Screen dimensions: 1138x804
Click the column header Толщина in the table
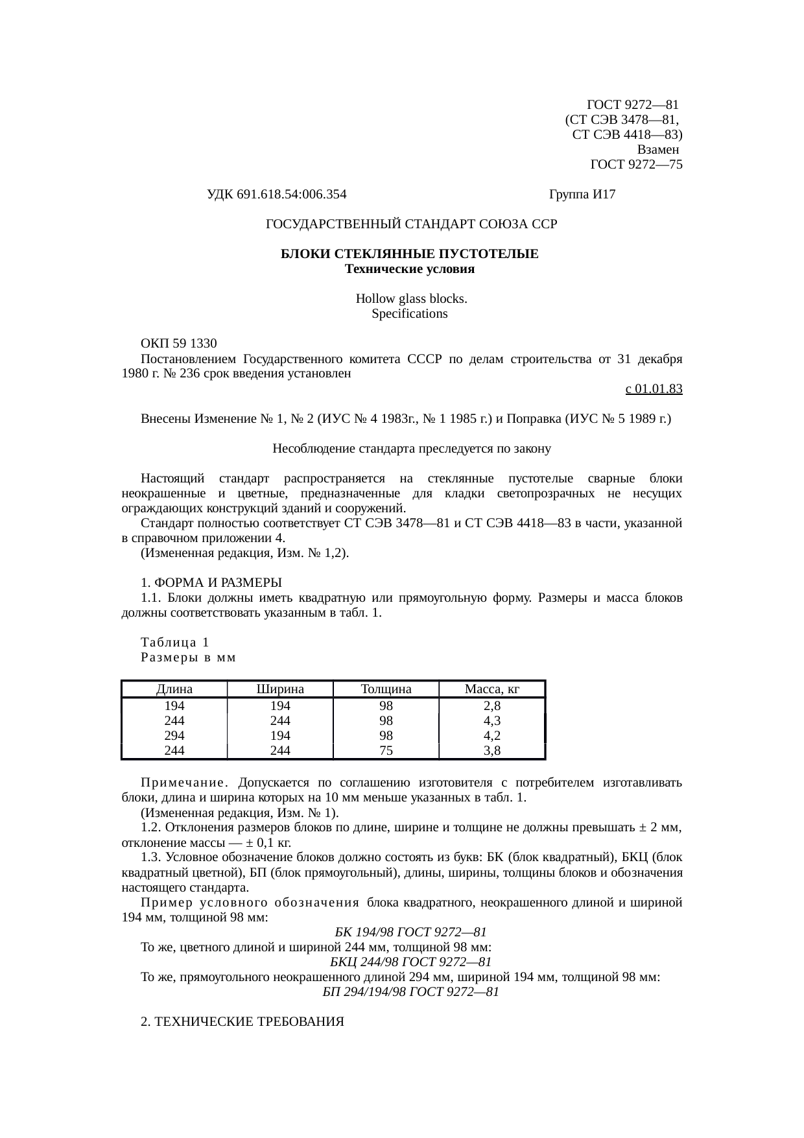(x=386, y=689)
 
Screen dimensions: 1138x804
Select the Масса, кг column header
(x=492, y=689)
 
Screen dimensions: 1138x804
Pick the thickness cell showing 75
(x=386, y=751)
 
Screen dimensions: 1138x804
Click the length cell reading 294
(x=174, y=736)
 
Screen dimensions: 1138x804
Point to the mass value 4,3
(x=492, y=721)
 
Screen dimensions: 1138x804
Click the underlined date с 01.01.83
(x=653, y=389)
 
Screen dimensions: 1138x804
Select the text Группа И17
(x=582, y=194)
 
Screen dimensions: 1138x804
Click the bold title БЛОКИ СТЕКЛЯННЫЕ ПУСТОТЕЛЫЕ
(x=409, y=254)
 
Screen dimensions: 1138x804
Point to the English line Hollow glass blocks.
(x=411, y=299)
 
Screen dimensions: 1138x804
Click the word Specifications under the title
(x=409, y=314)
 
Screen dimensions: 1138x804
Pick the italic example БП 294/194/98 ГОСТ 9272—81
(x=410, y=992)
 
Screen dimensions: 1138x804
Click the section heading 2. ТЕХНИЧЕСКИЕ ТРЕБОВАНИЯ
(x=242, y=1022)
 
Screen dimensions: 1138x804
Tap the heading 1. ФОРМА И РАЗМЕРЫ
(x=211, y=582)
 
